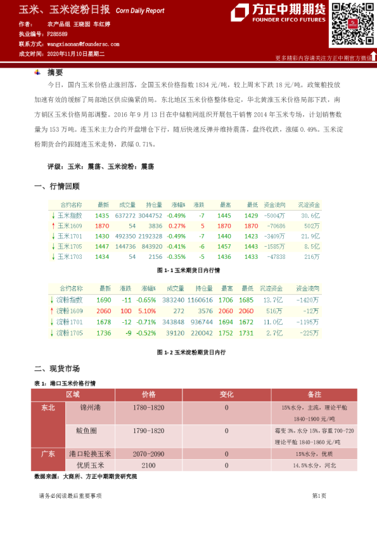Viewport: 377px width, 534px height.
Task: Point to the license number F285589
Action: [58, 34]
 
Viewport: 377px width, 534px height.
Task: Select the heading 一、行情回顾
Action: [56, 186]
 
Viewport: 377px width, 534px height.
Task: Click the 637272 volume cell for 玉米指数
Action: [125, 216]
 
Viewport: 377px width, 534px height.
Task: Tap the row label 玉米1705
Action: [70, 246]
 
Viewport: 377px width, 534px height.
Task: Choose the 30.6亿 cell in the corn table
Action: [310, 216]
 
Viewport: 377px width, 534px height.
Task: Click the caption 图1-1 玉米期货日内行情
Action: [188, 270]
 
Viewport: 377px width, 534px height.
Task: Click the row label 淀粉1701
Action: [69, 322]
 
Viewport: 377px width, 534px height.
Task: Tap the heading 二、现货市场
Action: [56, 368]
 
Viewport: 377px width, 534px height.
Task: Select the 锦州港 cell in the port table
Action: [82, 407]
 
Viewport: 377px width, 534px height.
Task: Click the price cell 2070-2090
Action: [149, 454]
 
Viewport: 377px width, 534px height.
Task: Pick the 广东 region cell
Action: [48, 454]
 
